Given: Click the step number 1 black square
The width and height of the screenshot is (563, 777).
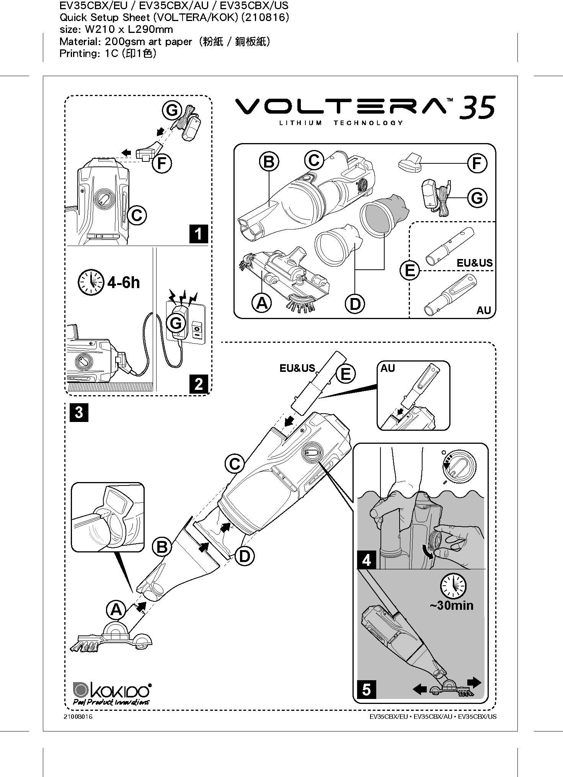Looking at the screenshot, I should (199, 234).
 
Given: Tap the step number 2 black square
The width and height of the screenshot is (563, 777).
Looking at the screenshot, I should (199, 384).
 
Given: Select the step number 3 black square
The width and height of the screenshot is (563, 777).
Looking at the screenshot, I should (79, 413).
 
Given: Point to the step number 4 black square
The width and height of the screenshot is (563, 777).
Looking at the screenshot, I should (366, 560).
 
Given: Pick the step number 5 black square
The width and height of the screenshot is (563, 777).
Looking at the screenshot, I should (366, 690).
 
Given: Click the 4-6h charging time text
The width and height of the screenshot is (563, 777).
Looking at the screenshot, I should (124, 283).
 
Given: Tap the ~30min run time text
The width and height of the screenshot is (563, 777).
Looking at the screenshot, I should (451, 606).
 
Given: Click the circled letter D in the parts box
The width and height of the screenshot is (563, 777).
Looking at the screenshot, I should (355, 304).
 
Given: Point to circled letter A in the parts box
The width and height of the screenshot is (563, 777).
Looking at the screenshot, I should (262, 303).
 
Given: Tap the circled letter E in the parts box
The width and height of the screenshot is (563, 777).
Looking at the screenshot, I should (410, 271).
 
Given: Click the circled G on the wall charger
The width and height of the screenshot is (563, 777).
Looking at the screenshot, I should (176, 324).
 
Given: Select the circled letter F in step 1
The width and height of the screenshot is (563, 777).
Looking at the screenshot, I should (162, 164).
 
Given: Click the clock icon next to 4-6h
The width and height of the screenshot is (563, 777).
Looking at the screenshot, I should (91, 283).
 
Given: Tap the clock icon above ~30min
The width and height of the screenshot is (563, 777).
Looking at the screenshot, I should (454, 585).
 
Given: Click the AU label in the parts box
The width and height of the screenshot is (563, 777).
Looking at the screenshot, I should (483, 310).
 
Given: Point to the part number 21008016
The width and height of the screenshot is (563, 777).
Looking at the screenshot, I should (78, 717).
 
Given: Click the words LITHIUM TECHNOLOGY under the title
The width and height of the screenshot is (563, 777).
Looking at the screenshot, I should (341, 123).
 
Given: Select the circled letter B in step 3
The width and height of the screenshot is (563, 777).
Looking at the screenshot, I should (162, 547).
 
